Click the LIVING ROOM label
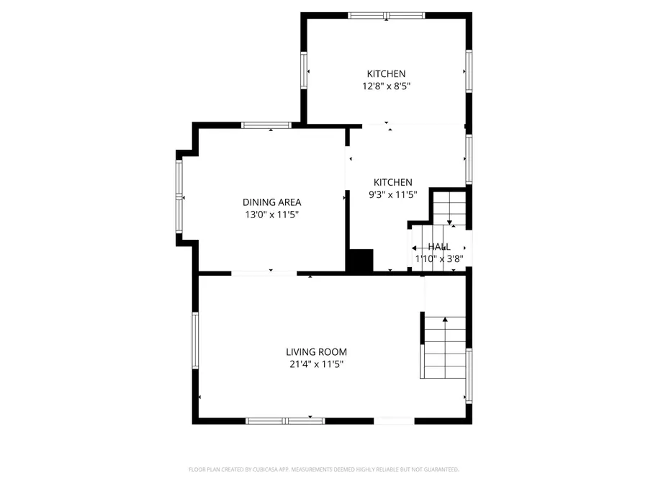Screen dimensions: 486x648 (x=316, y=352)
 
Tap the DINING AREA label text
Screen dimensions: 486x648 (x=271, y=202)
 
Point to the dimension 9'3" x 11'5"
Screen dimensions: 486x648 (x=392, y=194)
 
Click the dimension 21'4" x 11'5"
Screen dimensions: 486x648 (x=316, y=364)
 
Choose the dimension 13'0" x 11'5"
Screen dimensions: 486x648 (x=271, y=215)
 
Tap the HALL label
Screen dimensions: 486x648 (x=439, y=247)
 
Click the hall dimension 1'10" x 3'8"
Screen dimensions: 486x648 (x=439, y=258)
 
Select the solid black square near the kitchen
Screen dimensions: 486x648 (x=360, y=260)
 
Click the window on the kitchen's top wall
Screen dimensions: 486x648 (x=387, y=15)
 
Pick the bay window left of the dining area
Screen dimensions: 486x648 (x=179, y=197)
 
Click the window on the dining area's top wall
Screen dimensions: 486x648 (x=266, y=125)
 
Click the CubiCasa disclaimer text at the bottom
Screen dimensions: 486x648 (x=323, y=469)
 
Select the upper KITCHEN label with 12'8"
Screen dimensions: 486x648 (x=387, y=73)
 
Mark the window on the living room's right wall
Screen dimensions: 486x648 (x=469, y=376)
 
